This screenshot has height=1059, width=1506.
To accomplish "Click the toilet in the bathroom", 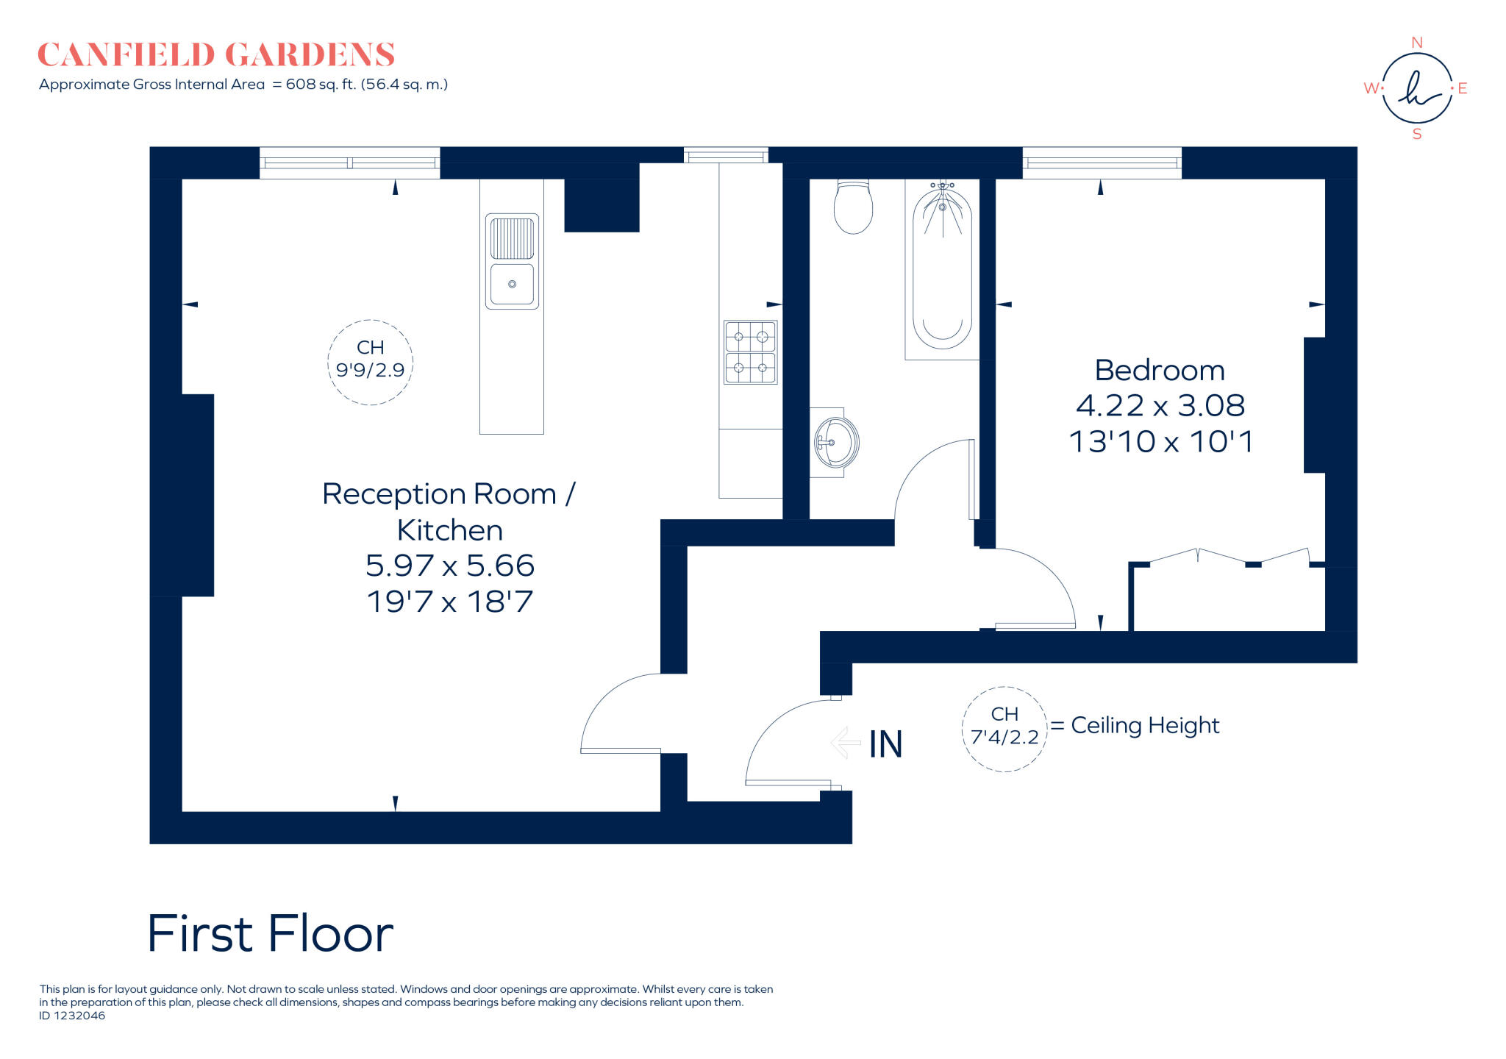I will (853, 207).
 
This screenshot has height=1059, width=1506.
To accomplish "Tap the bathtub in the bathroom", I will (942, 268).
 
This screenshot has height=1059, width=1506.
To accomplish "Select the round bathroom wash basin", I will (836, 443).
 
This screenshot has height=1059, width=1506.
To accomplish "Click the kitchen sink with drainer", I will (512, 261).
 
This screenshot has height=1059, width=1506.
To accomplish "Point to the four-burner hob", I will (750, 352).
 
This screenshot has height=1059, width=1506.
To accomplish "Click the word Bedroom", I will (1160, 370).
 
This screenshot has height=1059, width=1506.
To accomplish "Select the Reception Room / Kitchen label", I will (449, 511).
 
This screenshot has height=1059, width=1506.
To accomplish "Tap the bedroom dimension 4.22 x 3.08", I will (1160, 405).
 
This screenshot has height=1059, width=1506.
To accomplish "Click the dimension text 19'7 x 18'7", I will (449, 602).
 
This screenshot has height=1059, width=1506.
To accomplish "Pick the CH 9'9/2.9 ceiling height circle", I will (370, 362).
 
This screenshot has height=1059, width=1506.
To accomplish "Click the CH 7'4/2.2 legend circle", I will (1004, 728).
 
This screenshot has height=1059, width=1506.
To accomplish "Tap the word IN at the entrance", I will (885, 744).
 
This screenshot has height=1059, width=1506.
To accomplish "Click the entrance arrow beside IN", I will (846, 743).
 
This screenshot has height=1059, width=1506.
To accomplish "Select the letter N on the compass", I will (1417, 43).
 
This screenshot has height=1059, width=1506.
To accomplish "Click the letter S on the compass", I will (1417, 135).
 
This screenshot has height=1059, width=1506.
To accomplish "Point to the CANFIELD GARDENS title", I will (216, 54).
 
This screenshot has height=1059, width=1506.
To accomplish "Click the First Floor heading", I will (270, 934).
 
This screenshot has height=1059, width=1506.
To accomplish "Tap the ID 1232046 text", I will (72, 1016).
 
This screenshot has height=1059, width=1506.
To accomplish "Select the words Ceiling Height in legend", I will (1144, 725).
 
